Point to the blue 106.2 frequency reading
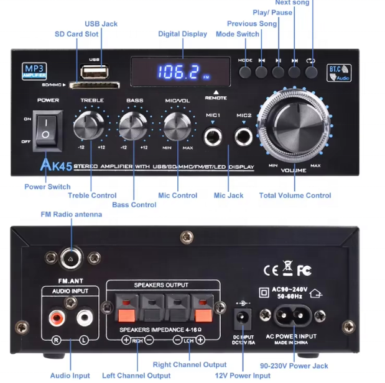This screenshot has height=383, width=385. pos(178,72)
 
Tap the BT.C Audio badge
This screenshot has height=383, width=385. pos(340,73)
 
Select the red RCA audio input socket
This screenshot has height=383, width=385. pos(57,319)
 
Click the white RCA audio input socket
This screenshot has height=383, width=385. pos(83,319)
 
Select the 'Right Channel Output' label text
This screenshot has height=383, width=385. pos(190,365)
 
